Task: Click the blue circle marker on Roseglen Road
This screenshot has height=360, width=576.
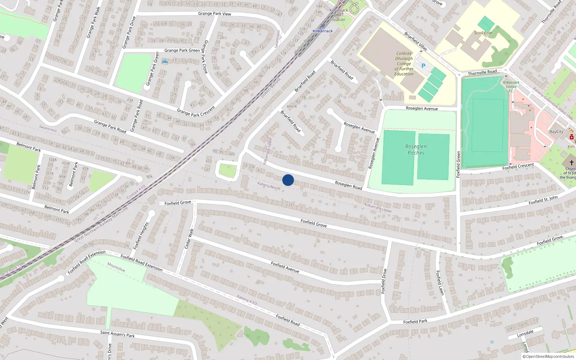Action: click(288, 180)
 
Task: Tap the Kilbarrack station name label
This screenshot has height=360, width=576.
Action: click(323, 31)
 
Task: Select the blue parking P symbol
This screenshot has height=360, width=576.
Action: click(423, 66)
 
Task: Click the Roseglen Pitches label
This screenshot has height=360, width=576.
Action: click(416, 149)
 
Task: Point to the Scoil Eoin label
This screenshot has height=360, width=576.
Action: click(483, 33)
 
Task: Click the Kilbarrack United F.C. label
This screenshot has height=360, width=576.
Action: click(511, 86)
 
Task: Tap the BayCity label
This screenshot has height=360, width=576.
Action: click(556, 132)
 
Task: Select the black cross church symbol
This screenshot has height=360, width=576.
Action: click(571, 162)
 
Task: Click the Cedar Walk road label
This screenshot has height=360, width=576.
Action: click(189, 238)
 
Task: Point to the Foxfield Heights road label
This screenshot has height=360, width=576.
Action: click(141, 236)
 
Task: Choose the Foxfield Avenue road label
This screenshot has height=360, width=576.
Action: click(285, 267)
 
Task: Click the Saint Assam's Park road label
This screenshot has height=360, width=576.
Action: click(117, 334)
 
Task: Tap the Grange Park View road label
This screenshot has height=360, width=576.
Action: click(215, 14)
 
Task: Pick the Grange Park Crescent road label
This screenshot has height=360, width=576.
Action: click(196, 111)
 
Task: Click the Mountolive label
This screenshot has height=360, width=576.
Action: click(116, 267)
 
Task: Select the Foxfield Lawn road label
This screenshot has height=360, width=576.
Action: click(440, 283)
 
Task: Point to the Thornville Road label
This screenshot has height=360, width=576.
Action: click(482, 72)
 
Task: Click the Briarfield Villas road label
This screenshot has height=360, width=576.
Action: click(415, 41)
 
